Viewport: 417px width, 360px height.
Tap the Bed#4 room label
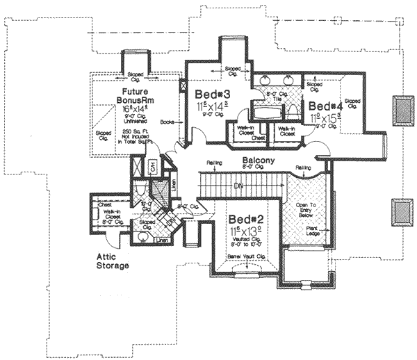(325, 106)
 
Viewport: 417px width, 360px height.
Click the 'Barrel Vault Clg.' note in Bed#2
(248, 256)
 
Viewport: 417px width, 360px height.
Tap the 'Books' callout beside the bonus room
(167, 122)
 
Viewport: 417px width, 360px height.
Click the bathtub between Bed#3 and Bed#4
(263, 111)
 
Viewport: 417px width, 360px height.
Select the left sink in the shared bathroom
(263, 80)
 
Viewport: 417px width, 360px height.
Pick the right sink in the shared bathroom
(289, 80)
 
